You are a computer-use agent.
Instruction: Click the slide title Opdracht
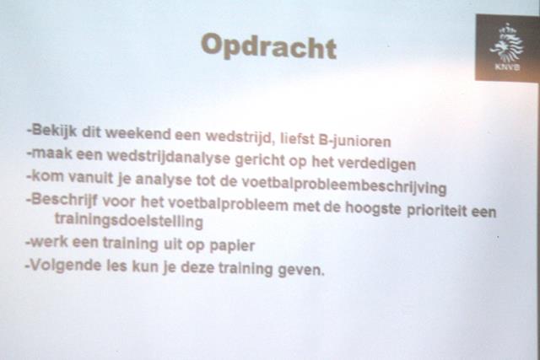point(268,46)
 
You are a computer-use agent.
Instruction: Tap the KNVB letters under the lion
point(507,67)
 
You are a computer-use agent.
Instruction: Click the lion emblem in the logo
point(506,42)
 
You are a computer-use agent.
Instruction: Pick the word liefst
point(297,138)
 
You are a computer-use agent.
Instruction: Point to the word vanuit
point(90,177)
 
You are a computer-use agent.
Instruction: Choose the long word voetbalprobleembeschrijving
point(343,185)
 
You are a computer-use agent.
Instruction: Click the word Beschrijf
point(64,200)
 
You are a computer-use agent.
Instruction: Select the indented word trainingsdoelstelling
point(129,221)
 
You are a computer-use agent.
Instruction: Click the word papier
point(232,245)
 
